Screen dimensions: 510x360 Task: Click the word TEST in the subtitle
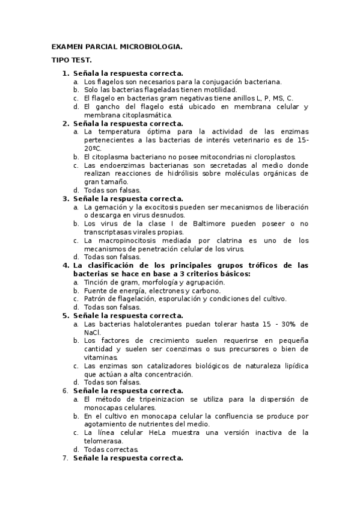pyautogui.click(x=81, y=60)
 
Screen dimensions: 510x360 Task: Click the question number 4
pyautogui.click(x=66, y=265)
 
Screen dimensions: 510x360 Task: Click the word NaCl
pyautogui.click(x=92, y=332)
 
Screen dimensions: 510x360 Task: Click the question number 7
pyautogui.click(x=66, y=458)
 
